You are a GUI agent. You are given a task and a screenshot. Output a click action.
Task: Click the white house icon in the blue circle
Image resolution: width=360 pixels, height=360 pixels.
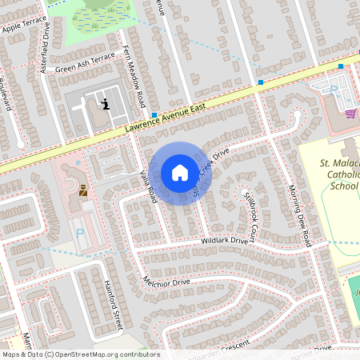(180, 173)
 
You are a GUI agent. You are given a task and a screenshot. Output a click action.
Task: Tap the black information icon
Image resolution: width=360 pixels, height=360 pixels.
(106, 103)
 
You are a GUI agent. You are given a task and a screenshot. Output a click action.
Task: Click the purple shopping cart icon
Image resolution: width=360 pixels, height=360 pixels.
(350, 113)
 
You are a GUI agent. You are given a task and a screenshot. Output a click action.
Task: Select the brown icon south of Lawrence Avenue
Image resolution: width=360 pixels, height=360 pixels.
(83, 190)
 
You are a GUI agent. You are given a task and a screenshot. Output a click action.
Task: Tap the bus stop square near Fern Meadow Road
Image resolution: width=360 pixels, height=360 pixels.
(154, 115)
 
